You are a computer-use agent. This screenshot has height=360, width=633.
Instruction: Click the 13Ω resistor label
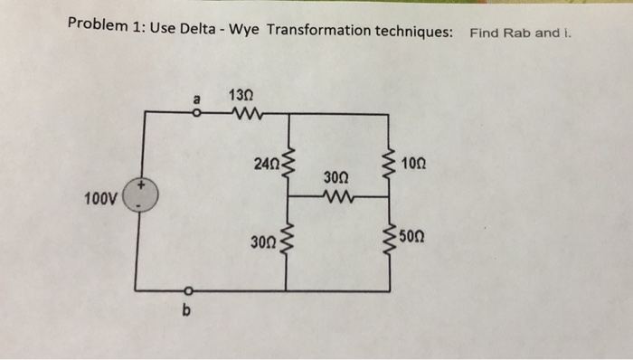tap(241, 94)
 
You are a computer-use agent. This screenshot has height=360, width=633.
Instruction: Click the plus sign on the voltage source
tap(140, 185)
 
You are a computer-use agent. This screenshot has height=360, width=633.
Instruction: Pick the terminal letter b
tap(187, 312)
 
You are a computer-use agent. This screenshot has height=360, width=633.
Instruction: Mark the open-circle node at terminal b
tap(187, 290)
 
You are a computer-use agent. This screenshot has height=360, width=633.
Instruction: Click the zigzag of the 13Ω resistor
tap(242, 113)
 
